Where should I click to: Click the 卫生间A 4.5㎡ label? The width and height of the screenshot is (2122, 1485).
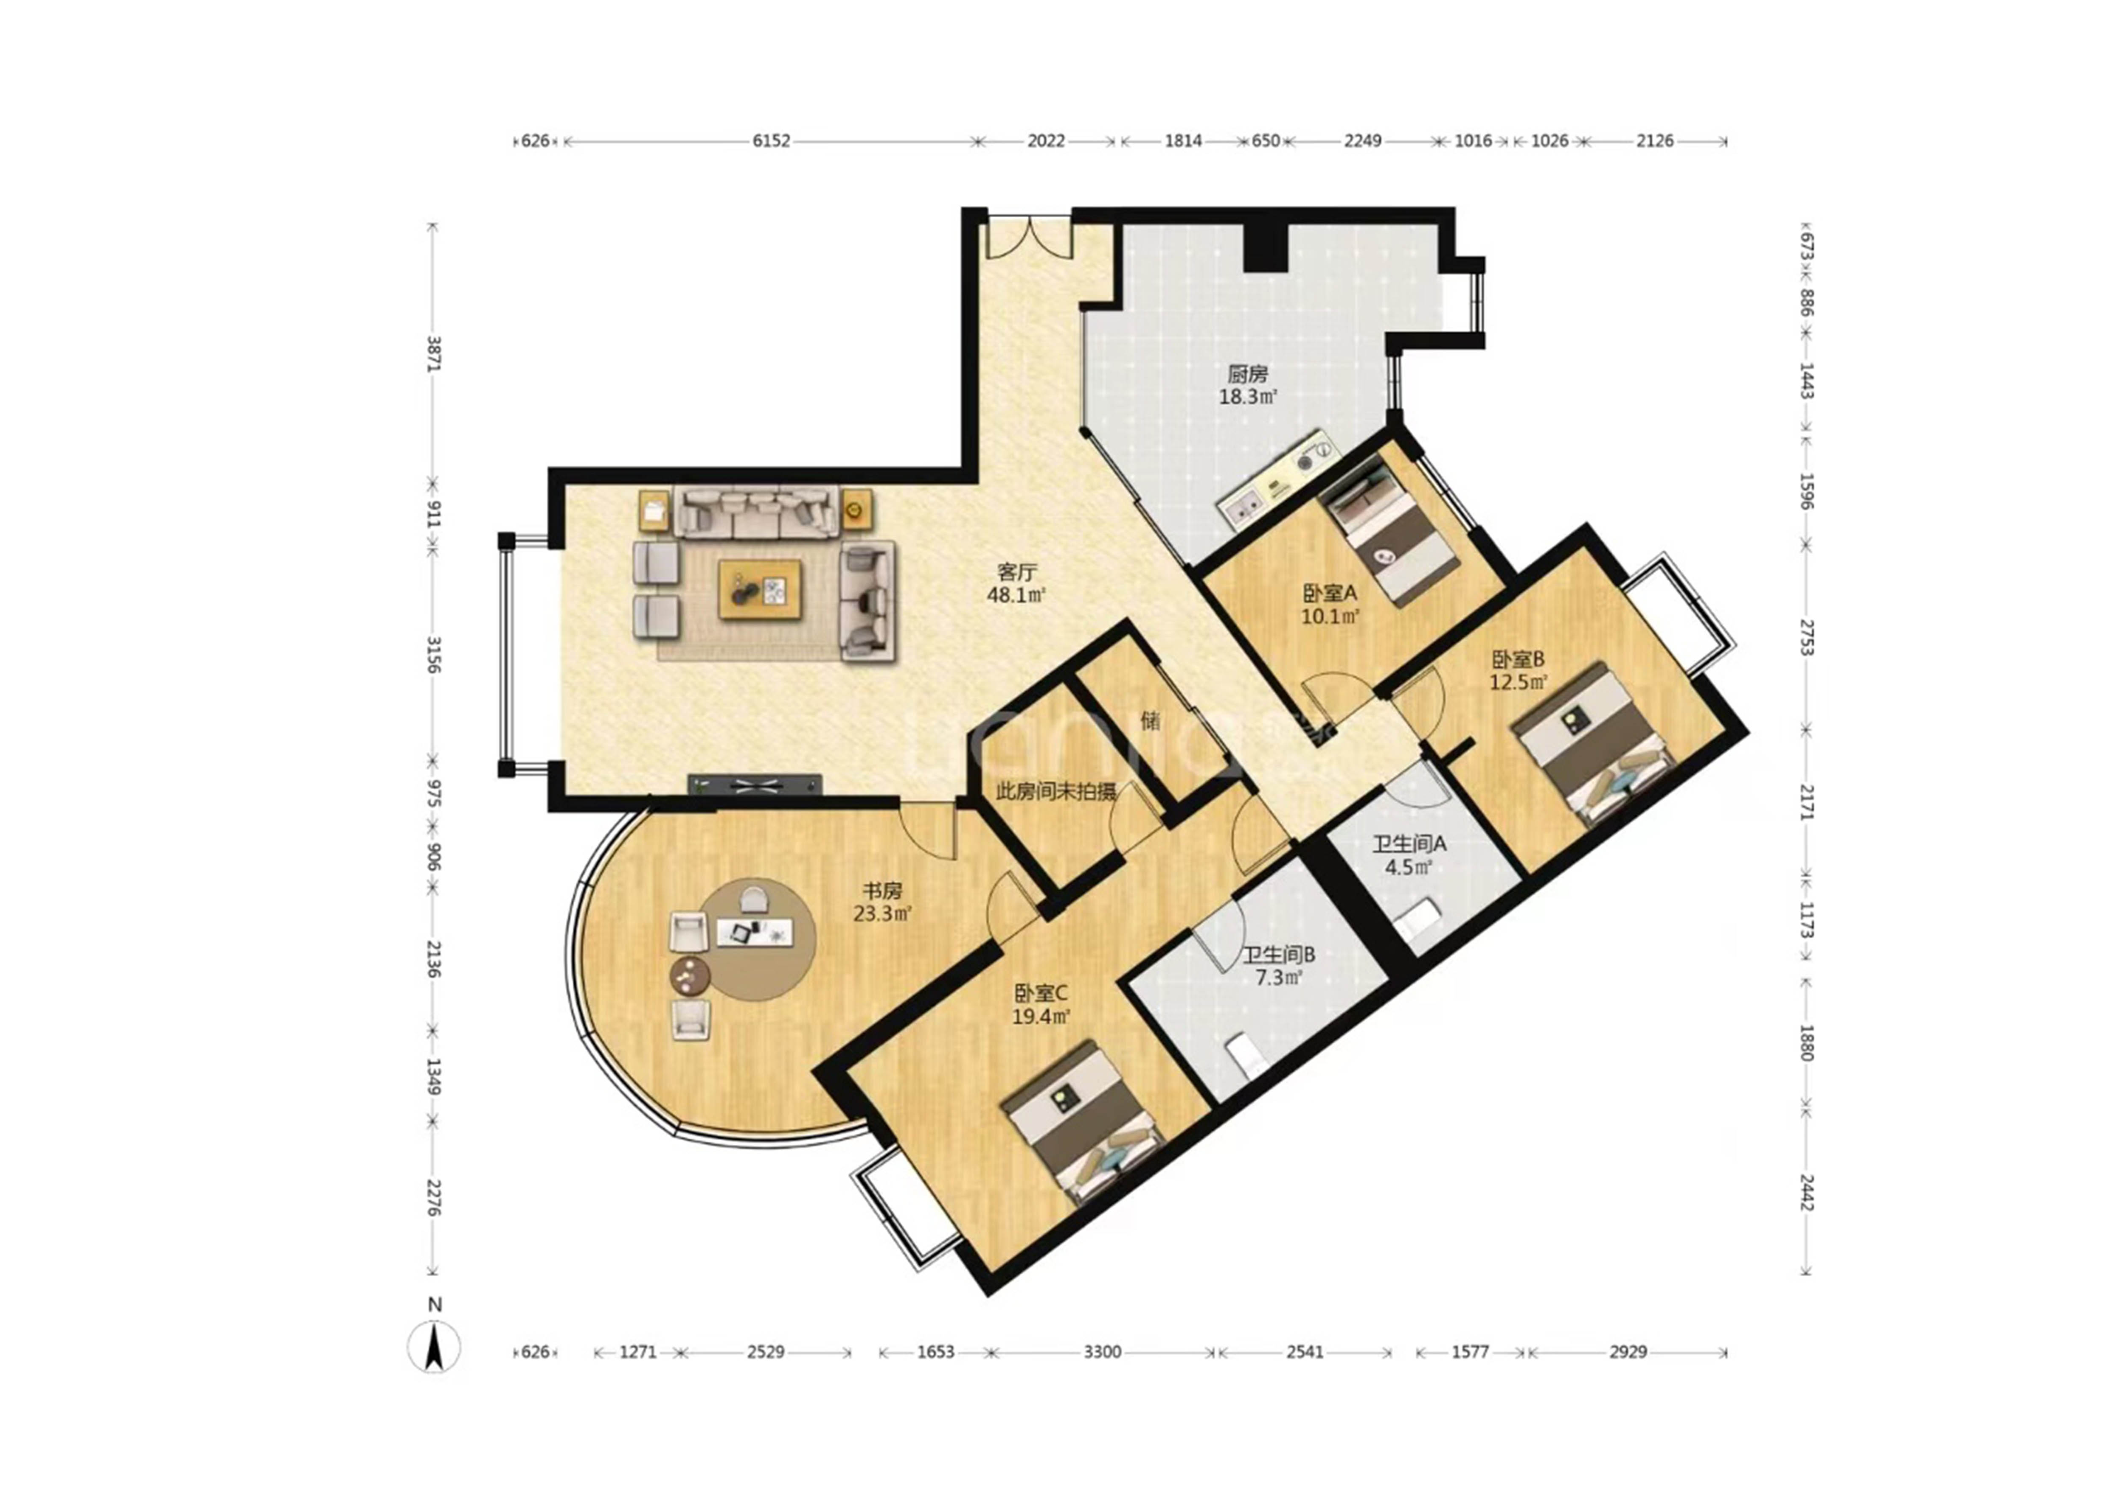click(1409, 855)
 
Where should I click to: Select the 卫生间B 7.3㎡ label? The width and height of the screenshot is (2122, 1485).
click(1278, 966)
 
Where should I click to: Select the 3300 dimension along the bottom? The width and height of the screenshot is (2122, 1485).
click(1102, 1352)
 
